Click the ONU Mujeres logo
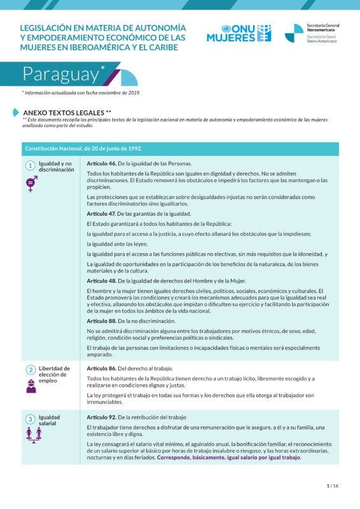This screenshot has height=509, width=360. point(239,33)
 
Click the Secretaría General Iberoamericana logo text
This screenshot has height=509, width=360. point(322,33)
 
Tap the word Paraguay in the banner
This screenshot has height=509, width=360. point(61,74)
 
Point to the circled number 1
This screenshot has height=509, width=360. point(30,165)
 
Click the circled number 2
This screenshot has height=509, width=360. point(30,370)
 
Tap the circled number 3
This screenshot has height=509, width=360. point(30,419)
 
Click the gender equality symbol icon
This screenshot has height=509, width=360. point(31,185)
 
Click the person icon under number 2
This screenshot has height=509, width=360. point(31,386)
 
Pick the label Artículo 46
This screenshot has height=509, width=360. point(101,164)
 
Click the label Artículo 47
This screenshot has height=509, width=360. point(101,214)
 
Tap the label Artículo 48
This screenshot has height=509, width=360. point(101,281)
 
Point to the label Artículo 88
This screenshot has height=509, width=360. point(101,321)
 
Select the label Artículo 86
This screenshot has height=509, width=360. point(101,368)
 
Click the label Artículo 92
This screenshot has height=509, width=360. point(101,417)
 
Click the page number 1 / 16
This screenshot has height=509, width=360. point(333,485)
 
